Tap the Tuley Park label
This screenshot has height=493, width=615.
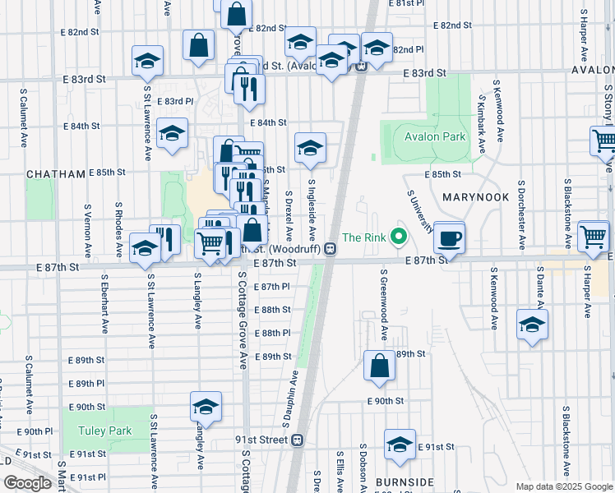104,431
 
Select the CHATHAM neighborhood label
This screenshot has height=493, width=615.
56,174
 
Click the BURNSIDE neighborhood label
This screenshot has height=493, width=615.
403,481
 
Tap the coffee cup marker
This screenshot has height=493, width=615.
449,238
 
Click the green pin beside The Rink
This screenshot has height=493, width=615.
400,237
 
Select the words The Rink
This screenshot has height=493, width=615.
363,237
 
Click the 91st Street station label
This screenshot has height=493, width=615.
261,440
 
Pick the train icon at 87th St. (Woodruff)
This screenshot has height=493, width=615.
329,248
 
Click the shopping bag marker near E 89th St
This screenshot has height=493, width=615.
379,366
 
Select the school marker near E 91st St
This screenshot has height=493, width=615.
400,445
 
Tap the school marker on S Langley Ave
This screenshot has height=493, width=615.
206,407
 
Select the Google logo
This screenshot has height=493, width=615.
26,483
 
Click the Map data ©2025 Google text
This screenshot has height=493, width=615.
563,486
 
